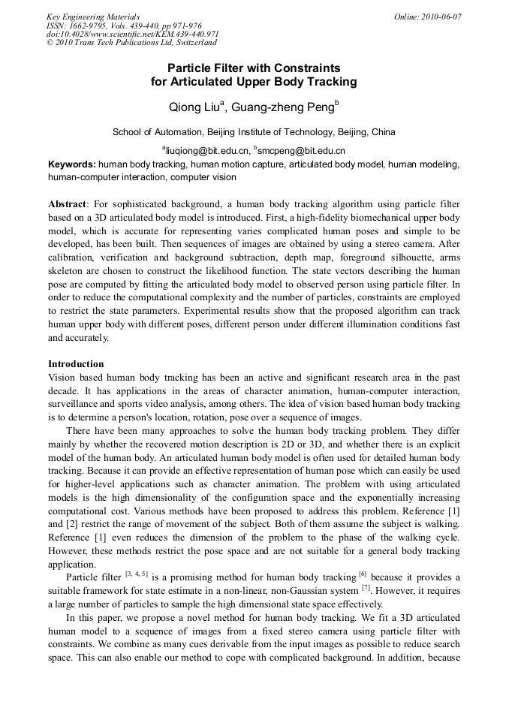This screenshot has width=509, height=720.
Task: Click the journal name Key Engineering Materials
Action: (x=93, y=16)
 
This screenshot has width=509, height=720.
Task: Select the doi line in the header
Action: (x=133, y=34)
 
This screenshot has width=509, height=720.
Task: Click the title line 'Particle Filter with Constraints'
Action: (x=254, y=68)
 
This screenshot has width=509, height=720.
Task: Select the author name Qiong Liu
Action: (x=194, y=107)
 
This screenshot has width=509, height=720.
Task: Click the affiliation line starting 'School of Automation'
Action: (x=254, y=132)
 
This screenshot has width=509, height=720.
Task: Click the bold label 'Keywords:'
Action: (x=72, y=164)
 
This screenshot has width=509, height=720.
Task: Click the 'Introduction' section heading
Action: (x=76, y=364)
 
